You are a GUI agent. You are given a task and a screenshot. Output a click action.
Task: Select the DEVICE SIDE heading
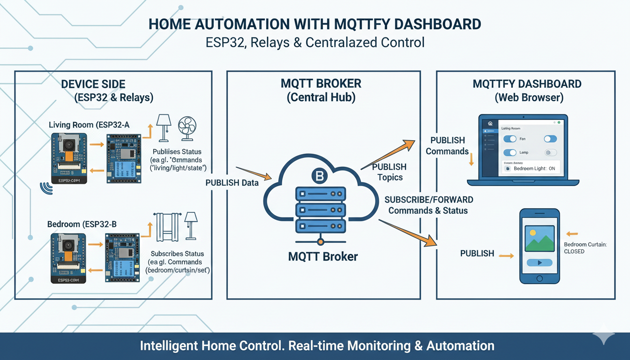click(x=93, y=84)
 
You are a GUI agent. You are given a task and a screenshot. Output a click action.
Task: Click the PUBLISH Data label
click(x=232, y=183)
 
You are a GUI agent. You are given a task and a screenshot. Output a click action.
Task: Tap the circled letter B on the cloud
click(x=320, y=176)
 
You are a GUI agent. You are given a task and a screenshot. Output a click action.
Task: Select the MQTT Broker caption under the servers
click(x=323, y=257)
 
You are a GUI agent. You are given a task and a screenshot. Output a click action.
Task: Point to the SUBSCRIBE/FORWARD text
click(x=428, y=200)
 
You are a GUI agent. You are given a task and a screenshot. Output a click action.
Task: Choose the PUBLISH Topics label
click(x=389, y=172)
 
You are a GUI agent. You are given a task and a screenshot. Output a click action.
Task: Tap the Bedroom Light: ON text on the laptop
click(x=534, y=168)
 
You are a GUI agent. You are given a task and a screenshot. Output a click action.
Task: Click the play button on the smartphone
click(x=540, y=263)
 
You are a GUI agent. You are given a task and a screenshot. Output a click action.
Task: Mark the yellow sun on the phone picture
click(x=532, y=232)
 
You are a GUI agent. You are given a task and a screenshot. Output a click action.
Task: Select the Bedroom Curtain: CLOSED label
click(x=585, y=248)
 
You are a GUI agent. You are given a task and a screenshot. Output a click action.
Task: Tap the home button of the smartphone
click(x=540, y=278)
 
